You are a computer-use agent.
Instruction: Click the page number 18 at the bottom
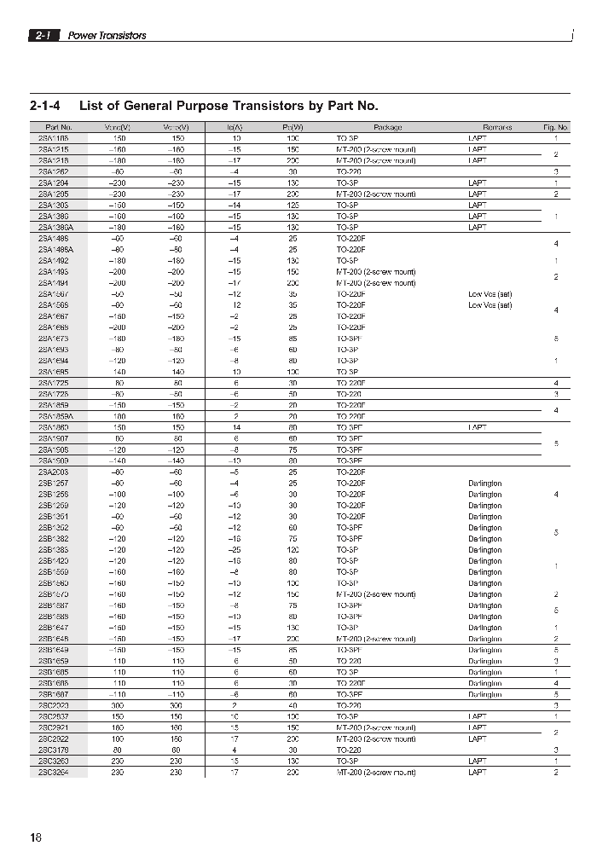click(35, 838)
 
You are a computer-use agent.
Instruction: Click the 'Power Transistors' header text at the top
click(107, 36)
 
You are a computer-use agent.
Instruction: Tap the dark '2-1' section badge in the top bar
click(43, 36)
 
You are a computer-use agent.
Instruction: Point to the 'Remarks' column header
click(497, 127)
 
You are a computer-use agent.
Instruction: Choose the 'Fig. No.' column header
click(556, 127)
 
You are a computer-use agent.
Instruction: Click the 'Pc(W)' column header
click(293, 127)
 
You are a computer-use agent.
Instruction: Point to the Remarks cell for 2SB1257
click(485, 484)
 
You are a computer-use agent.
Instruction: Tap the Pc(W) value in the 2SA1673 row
click(293, 339)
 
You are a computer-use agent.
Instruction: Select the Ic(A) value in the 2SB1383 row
click(236, 550)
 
